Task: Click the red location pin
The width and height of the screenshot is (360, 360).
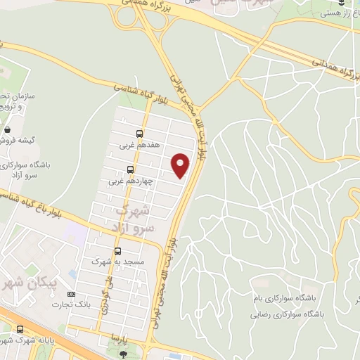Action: pos(181,165)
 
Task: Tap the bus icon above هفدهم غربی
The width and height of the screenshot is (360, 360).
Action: pos(139,133)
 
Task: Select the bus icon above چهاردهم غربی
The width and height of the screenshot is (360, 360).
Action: pos(130,169)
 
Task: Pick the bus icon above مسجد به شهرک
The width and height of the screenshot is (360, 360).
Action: pos(117,250)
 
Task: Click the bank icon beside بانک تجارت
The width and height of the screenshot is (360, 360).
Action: pos(70,293)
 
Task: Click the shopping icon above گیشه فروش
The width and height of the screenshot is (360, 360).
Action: pos(7,129)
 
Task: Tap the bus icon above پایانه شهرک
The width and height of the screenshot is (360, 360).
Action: pos(19,328)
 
